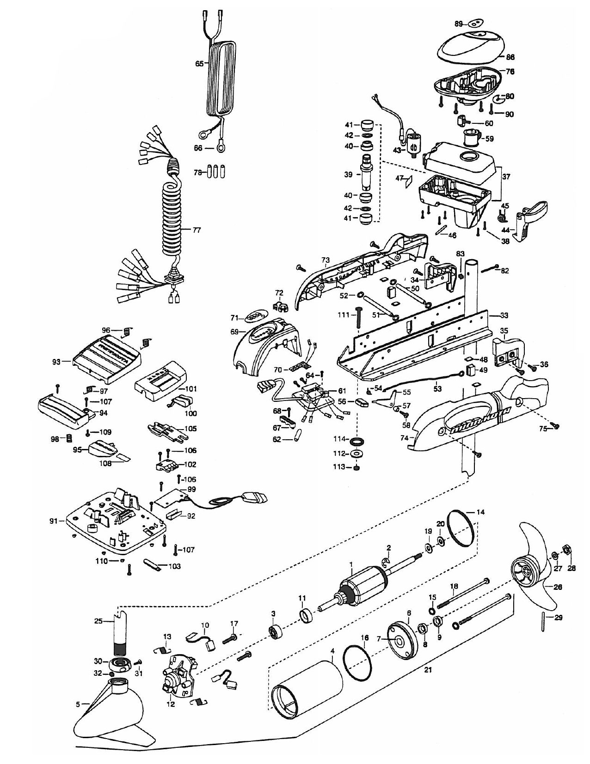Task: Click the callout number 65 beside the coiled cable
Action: (x=199, y=64)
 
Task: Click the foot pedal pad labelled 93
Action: (x=107, y=358)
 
